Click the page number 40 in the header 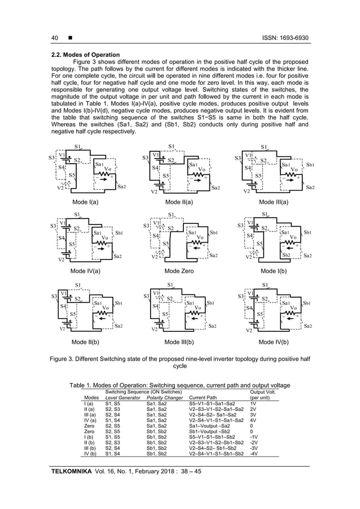tap(55, 38)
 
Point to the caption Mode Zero tap(180, 271)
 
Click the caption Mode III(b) tap(179, 341)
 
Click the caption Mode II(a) tap(179, 201)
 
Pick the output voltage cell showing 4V tap(253, 420)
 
